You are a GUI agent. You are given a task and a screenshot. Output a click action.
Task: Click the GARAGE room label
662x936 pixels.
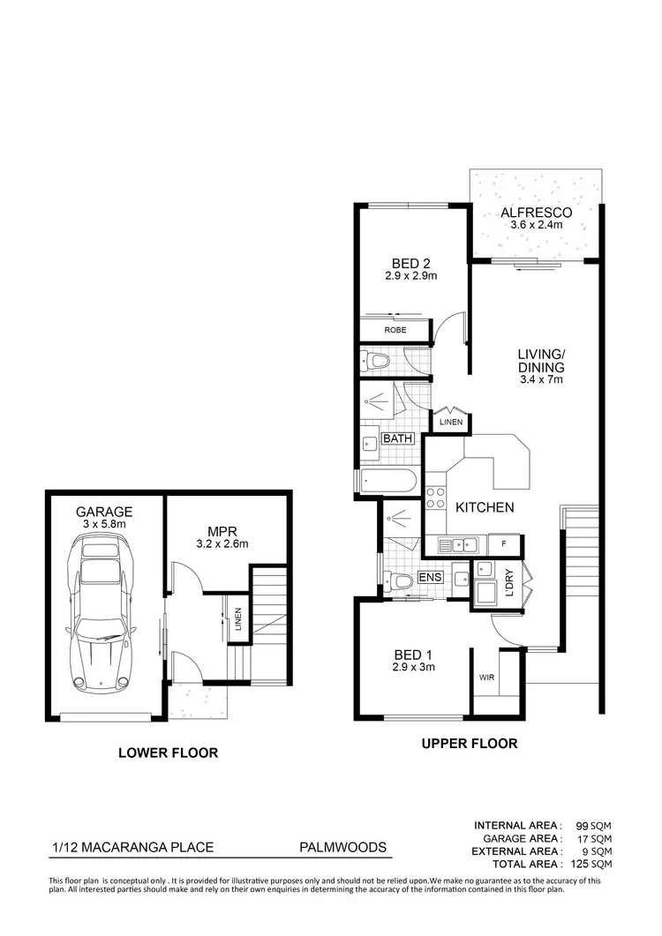click(104, 512)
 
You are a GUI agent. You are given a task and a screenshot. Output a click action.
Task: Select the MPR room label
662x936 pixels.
click(221, 531)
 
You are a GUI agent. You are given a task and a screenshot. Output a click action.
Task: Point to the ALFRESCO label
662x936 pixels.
click(536, 213)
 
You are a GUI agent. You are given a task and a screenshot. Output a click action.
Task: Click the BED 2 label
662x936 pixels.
click(410, 263)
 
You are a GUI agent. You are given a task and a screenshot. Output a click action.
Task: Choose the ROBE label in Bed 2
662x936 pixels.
click(395, 330)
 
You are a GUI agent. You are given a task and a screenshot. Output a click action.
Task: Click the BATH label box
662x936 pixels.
click(397, 438)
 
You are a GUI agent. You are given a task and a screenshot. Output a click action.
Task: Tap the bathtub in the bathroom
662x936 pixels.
click(387, 482)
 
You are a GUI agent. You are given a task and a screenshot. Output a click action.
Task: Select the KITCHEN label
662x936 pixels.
click(485, 507)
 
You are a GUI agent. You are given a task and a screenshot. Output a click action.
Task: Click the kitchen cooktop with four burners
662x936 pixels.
click(435, 498)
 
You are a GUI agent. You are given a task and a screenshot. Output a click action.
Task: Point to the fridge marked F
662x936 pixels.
click(502, 545)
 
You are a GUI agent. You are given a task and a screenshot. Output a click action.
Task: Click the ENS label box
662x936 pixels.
click(429, 577)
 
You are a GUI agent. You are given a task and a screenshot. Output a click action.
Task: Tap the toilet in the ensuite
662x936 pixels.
click(400, 580)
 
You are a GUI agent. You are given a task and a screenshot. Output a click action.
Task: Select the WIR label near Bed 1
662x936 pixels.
click(485, 678)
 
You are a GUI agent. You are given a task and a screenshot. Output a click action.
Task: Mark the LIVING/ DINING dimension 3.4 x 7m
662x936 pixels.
click(540, 379)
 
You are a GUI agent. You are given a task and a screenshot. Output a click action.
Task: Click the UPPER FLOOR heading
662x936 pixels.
click(469, 744)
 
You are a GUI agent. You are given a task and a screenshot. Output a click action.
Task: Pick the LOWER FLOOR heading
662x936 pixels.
click(168, 753)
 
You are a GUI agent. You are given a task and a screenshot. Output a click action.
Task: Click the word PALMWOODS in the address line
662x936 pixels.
click(342, 848)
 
